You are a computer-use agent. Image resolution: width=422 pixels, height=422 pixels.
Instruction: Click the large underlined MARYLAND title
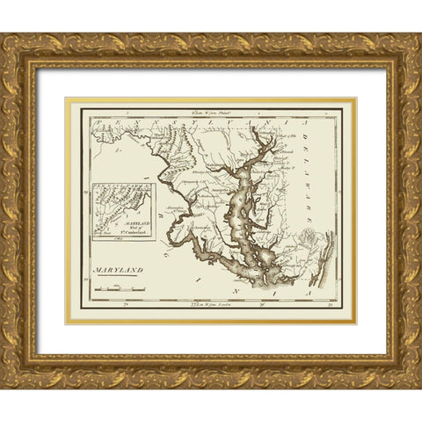pyautogui.click(x=118, y=271)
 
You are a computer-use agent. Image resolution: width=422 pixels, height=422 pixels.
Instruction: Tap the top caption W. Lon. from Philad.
pyautogui.click(x=208, y=113)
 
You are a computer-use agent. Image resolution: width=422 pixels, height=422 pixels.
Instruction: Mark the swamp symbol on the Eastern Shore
pyautogui.click(x=308, y=237)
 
